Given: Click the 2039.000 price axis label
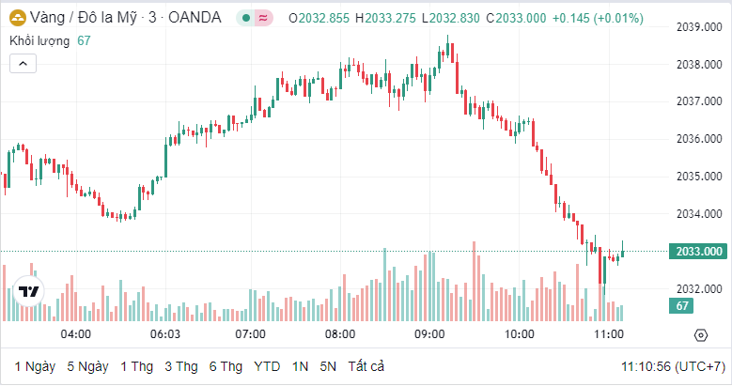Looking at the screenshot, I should click(699, 27).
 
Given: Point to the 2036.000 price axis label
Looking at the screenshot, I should click(699, 139).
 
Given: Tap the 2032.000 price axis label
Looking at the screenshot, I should click(699, 288).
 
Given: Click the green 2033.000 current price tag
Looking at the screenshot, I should click(699, 251).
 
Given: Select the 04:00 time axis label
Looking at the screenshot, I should click(75, 334).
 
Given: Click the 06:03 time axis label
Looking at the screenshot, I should click(164, 334).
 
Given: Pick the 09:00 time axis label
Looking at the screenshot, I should click(429, 334).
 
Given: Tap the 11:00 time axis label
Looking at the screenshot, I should click(609, 334).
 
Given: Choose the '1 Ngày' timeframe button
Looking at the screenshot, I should click(35, 366).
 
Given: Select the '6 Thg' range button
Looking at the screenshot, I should click(226, 366).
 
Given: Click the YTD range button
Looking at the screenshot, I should click(268, 366).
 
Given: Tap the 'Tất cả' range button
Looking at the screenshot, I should click(366, 366).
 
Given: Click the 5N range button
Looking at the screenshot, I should click(328, 366).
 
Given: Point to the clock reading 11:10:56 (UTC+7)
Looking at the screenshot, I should click(672, 366).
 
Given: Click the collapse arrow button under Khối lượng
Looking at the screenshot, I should click(23, 64).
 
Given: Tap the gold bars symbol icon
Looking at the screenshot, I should click(17, 17).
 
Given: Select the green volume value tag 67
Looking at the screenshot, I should click(683, 306).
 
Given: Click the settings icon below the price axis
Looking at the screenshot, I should click(700, 334).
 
